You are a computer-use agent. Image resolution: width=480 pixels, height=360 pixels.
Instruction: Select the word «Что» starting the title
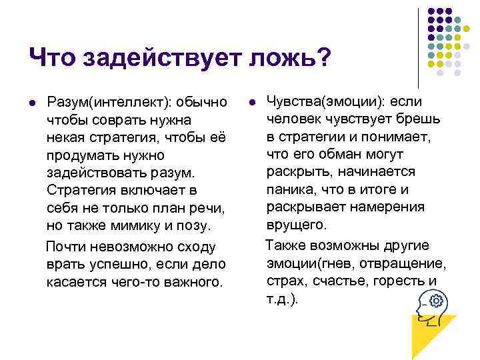pos(53,58)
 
